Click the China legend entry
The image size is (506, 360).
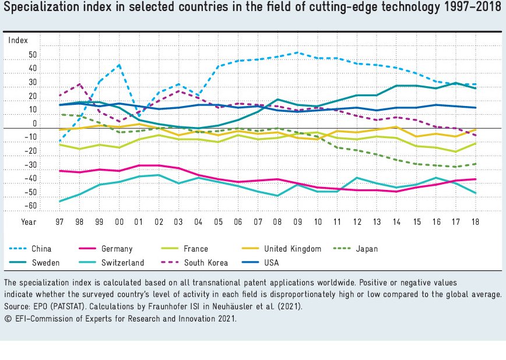tap(41, 249)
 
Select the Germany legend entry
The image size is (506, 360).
tap(117, 249)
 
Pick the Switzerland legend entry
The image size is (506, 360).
tap(122, 263)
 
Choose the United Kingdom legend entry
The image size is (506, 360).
tap(292, 249)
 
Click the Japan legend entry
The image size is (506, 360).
tap(367, 249)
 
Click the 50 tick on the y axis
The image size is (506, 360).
tap(33, 55)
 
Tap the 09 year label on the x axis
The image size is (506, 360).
tap(297, 222)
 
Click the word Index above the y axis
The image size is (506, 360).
tap(17, 40)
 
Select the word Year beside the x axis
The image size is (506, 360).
tap(29, 222)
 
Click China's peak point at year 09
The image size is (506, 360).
tap(297, 52)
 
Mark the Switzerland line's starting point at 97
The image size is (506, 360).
tap(60, 202)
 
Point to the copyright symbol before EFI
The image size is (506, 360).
tap(8, 319)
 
